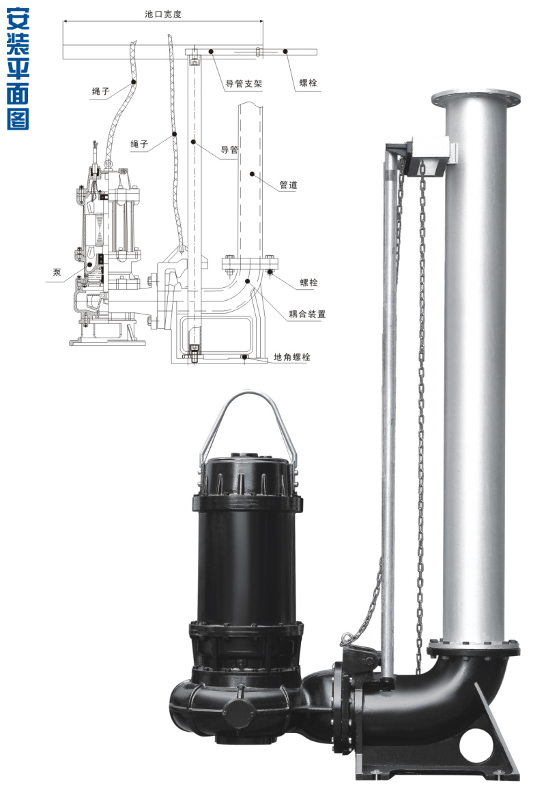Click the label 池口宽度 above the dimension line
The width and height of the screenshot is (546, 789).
coord(162,14)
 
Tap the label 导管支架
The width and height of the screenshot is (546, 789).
coord(244,83)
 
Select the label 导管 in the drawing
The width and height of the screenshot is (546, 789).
coord(229,149)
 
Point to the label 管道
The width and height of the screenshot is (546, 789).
coord(289,185)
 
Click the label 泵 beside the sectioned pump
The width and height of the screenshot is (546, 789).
coord(57,272)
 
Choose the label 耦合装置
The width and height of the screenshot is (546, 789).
coord(307,314)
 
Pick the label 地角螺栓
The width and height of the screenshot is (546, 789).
coord(292,357)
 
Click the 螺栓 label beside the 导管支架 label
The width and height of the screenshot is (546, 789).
coord(308,83)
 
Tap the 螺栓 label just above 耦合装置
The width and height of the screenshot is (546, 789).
coord(308,282)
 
